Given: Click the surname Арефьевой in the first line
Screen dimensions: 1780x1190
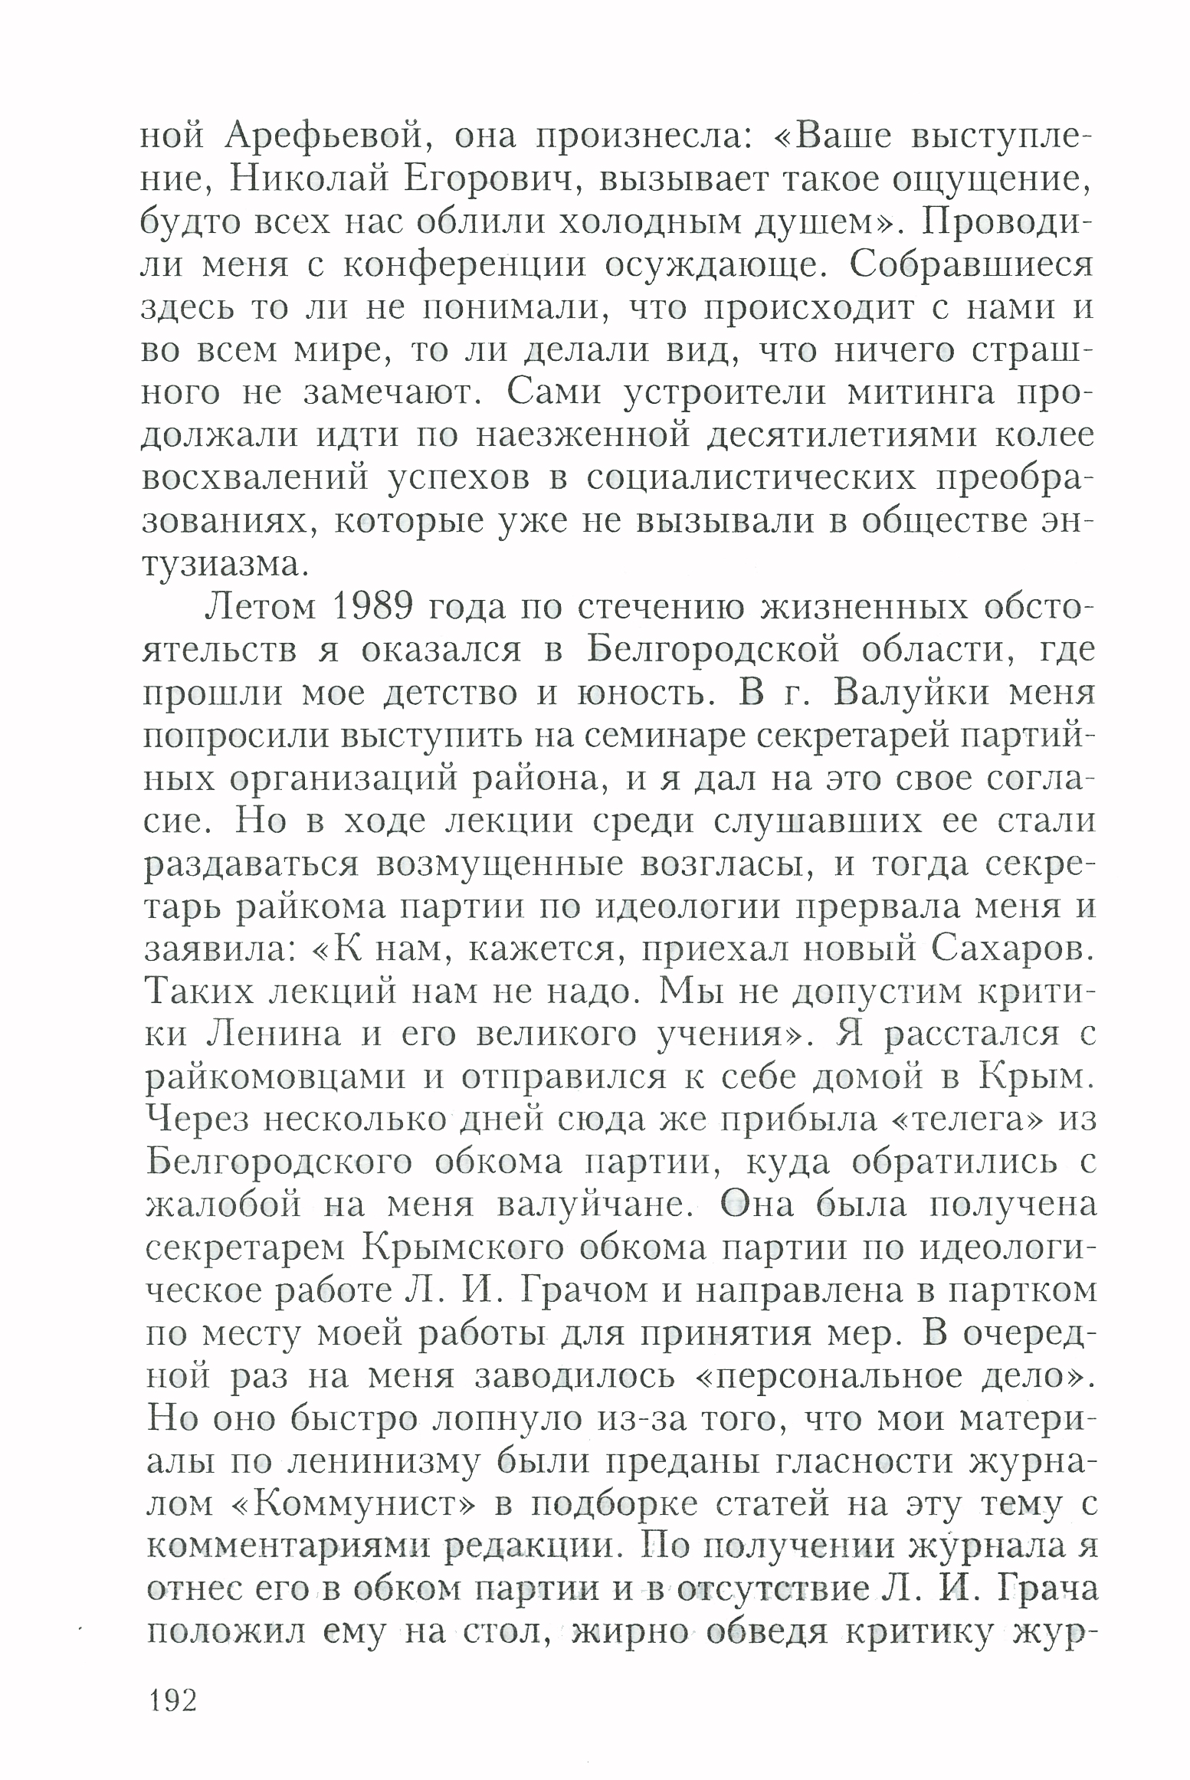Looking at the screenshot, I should (323, 138).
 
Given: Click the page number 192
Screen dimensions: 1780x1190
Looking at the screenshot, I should (174, 1700).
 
